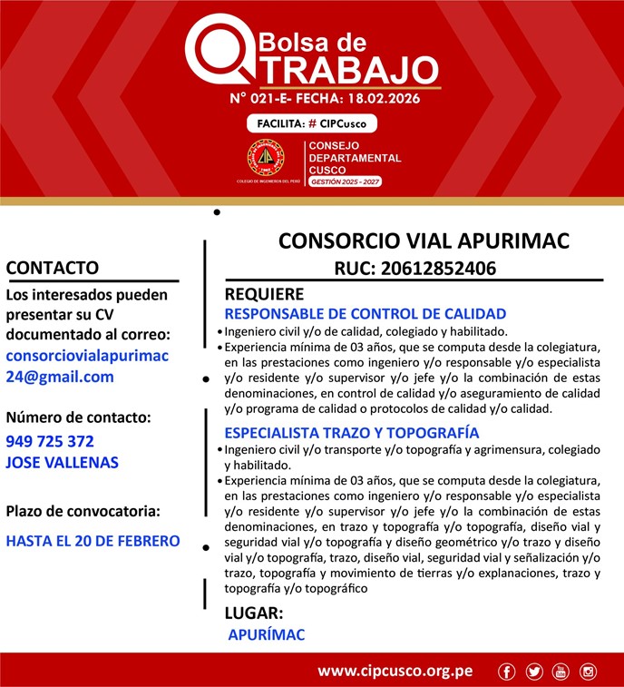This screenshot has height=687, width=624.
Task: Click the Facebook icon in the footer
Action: point(507,672)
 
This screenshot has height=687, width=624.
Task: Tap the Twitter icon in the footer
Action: point(534,672)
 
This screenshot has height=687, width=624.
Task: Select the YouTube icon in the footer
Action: point(561,672)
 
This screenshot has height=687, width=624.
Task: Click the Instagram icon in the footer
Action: point(588,672)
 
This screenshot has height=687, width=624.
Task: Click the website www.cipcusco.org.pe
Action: point(395,672)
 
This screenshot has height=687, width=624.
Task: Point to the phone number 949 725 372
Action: point(50,442)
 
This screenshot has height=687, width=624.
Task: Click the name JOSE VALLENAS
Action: point(62,462)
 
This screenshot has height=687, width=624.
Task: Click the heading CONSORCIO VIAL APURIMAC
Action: point(424,240)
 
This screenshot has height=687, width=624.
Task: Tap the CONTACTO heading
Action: point(52,268)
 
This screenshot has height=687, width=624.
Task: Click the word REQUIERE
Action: point(264,294)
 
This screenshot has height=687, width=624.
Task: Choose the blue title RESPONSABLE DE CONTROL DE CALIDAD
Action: point(365,314)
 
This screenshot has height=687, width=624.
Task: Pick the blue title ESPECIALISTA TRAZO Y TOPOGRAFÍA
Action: point(352,433)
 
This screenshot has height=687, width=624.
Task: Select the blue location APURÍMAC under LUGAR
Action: point(267,634)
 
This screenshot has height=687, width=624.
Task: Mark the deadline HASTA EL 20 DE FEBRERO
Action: point(93,541)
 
